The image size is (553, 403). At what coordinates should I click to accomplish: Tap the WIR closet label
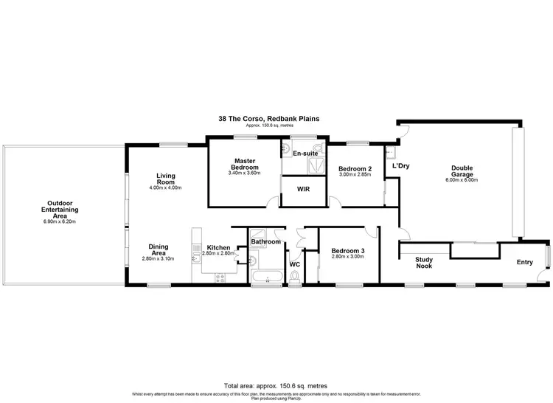tap(302, 189)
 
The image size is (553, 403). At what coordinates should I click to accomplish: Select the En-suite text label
tap(305, 154)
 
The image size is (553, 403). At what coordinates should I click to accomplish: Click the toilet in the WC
tap(295, 276)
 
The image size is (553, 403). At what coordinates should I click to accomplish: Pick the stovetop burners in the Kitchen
tap(219, 277)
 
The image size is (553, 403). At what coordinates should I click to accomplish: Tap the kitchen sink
tap(195, 244)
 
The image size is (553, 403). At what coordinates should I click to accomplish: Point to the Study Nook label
tap(423, 262)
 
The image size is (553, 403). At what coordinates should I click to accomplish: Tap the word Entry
tap(524, 262)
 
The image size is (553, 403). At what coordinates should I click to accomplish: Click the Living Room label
tap(165, 179)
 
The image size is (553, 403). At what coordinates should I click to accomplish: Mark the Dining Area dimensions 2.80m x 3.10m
tap(158, 259)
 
